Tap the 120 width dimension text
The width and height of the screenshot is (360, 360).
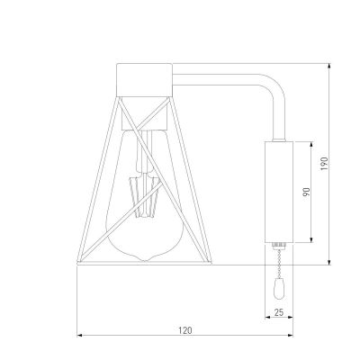[x=185, y=330]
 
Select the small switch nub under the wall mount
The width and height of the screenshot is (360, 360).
[x=277, y=244]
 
